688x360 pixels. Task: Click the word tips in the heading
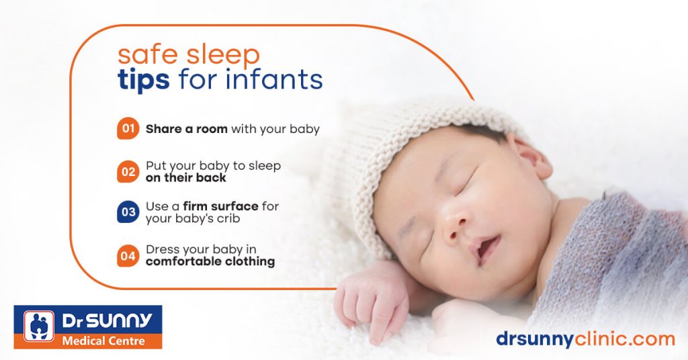coord(143,80)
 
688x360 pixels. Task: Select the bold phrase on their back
coord(186,178)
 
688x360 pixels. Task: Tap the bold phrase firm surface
coord(221,206)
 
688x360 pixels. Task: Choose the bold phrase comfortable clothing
coord(210,261)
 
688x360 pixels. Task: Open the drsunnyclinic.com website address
coord(585,339)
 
